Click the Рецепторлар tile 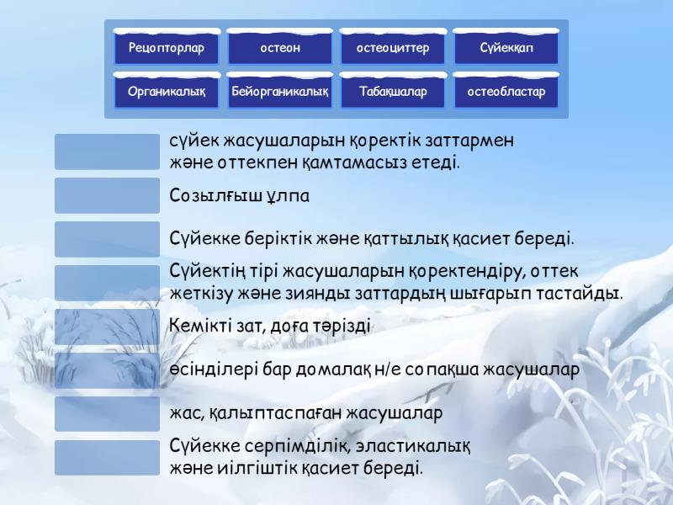(167, 47)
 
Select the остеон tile (280, 47)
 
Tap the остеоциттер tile (393, 47)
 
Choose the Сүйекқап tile (506, 47)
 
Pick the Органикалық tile (167, 91)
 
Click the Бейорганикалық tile (280, 91)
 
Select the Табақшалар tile (393, 91)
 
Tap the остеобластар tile (506, 91)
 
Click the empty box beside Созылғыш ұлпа (107, 195)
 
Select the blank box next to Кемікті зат (107, 327)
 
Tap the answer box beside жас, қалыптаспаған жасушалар (107, 414)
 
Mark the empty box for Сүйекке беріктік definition (107, 239)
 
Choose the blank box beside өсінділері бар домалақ (107, 370)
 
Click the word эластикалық (413, 446)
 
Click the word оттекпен (247, 162)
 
